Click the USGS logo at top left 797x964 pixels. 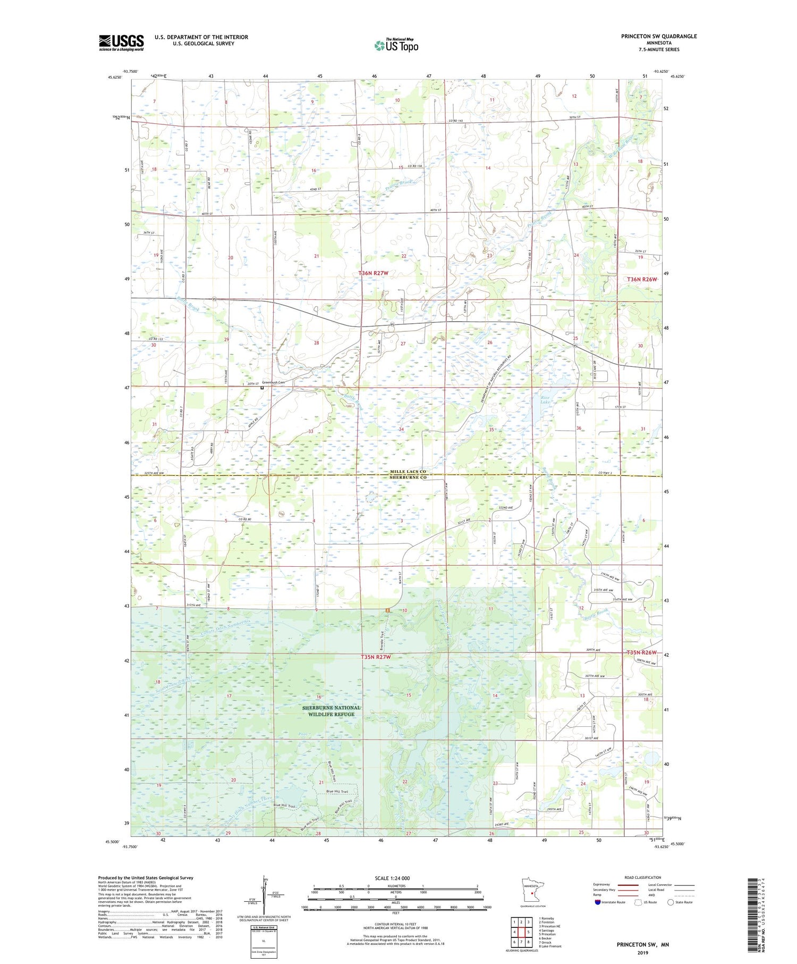[x=121, y=43]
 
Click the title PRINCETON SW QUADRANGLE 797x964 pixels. [x=659, y=36]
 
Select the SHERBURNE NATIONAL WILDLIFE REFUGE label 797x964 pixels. [x=331, y=711]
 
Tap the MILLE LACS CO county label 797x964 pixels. [x=408, y=472]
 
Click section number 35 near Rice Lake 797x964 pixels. [x=492, y=430]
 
